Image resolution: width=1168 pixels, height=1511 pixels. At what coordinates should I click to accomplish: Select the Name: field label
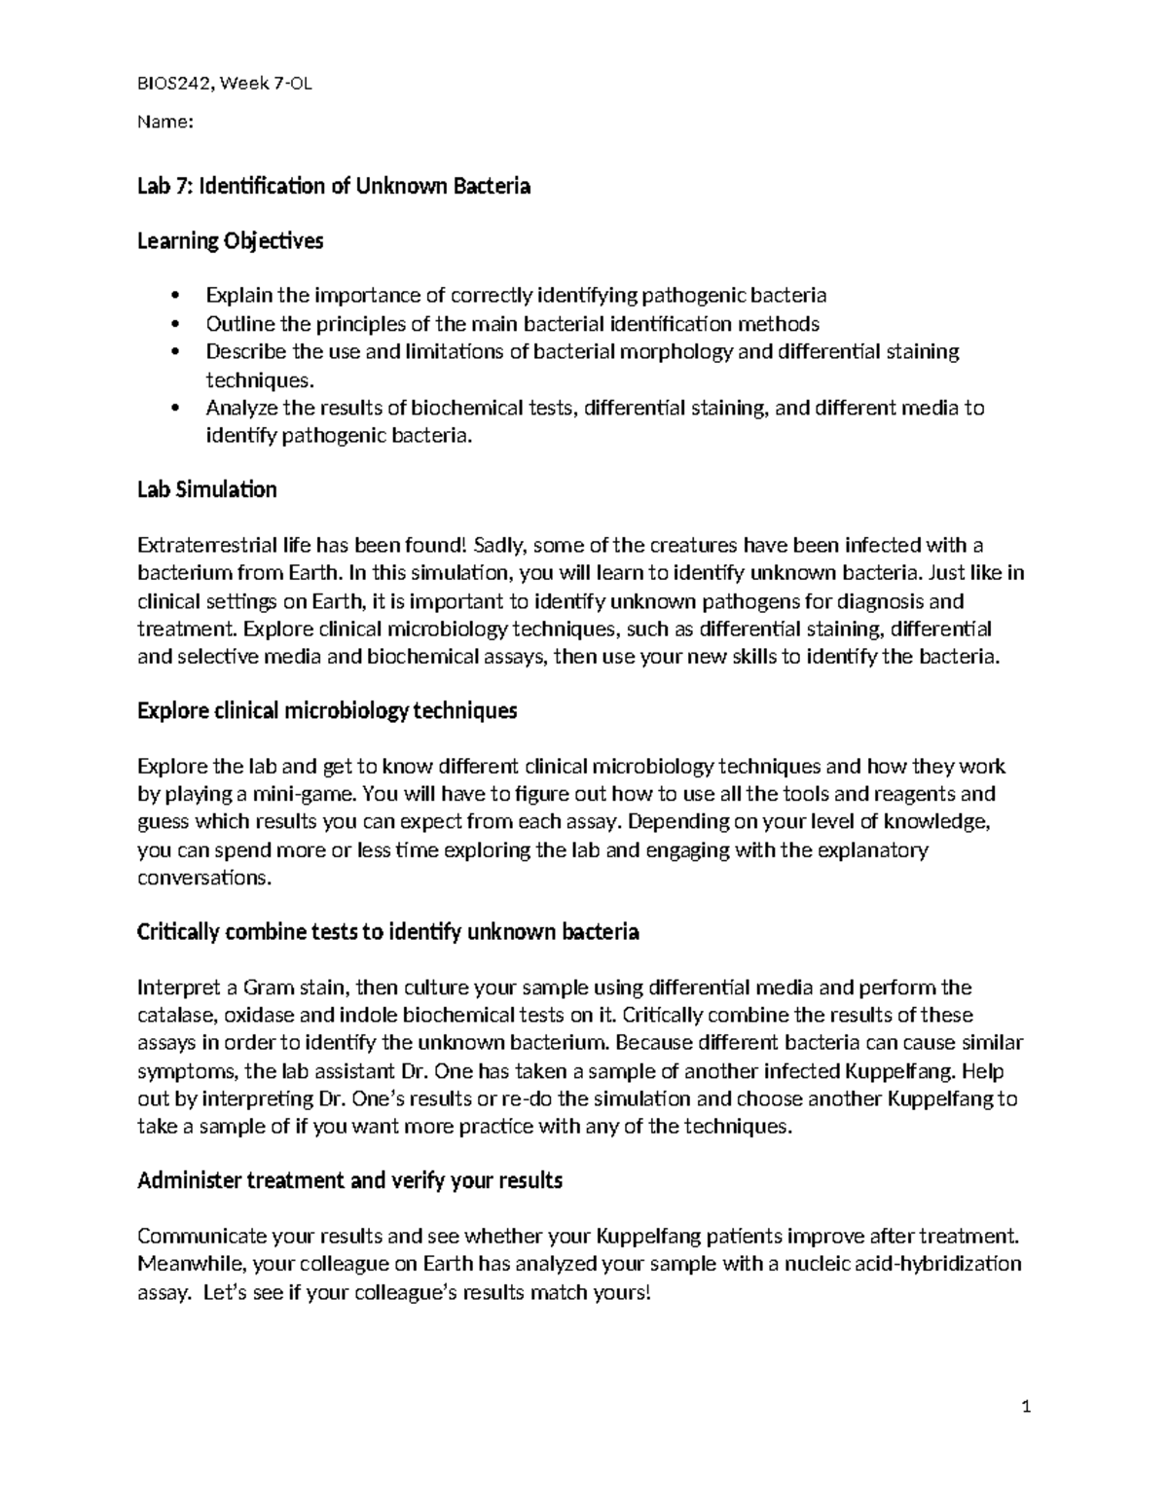point(165,122)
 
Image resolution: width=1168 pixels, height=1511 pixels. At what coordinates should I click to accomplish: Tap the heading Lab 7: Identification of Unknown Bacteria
point(334,186)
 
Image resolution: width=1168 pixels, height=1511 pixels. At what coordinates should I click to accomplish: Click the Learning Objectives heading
point(230,241)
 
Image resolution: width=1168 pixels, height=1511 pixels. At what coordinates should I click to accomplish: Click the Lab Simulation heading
point(207,489)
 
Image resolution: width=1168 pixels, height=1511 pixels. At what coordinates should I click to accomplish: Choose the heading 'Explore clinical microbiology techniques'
point(327,711)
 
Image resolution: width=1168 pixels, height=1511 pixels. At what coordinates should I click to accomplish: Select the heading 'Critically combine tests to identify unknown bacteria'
point(387,932)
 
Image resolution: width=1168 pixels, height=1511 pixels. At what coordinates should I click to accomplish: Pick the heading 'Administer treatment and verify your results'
point(349,1181)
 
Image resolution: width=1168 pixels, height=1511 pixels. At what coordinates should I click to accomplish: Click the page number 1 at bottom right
point(1026,1407)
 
